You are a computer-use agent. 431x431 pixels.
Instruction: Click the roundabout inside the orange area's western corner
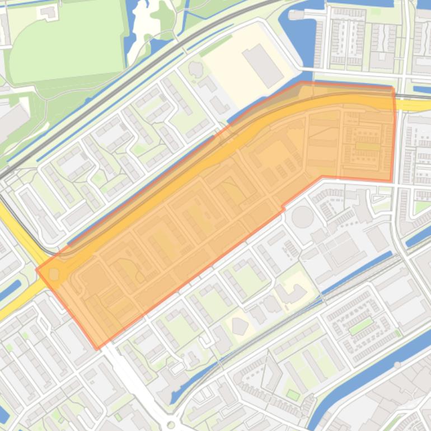(x=54, y=274)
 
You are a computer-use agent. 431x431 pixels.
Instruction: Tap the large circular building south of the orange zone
(x=303, y=217)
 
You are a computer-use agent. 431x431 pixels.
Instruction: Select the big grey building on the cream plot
(x=263, y=66)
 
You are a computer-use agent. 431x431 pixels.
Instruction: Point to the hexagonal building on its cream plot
(x=240, y=325)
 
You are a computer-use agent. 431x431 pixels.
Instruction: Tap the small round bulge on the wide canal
(x=397, y=365)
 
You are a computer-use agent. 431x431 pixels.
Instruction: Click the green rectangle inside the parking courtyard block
(x=360, y=325)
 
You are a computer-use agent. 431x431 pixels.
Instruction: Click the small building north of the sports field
(x=49, y=11)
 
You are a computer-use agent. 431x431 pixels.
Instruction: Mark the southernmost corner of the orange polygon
(x=97, y=349)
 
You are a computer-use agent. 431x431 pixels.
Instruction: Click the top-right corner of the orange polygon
(x=393, y=88)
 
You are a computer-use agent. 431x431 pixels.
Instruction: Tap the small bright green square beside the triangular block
(x=293, y=394)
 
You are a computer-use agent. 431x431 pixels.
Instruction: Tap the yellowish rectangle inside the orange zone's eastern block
(x=367, y=147)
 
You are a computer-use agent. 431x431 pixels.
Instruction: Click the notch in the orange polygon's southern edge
(x=283, y=208)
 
